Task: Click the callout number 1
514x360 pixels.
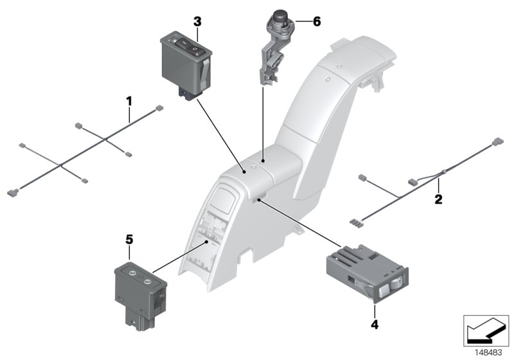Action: point(129,101)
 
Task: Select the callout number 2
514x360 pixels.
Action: point(438,199)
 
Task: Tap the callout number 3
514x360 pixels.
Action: point(197,22)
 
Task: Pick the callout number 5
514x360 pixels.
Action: point(128,239)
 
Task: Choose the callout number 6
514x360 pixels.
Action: point(315,21)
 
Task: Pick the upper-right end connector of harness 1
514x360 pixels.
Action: point(158,109)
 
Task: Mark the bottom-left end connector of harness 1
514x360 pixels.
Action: point(12,191)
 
